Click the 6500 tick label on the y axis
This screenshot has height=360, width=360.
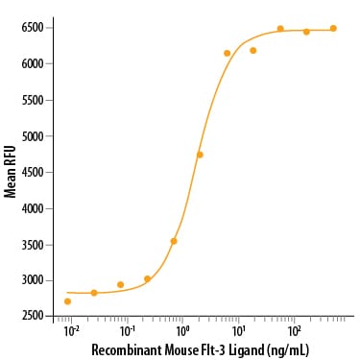32,28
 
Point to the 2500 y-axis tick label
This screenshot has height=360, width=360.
32,316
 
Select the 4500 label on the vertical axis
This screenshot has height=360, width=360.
32,172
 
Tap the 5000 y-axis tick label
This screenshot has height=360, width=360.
32,136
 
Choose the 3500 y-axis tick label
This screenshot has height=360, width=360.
32,245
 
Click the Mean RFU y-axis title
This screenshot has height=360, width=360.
11,172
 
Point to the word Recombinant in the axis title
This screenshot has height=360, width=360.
127,349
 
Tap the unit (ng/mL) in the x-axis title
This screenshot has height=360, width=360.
287,350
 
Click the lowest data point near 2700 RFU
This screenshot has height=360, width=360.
67,301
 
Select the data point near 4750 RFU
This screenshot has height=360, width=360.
200,155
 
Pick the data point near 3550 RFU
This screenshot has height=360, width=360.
174,241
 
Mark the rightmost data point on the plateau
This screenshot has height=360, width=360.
333,28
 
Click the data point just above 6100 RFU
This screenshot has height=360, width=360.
228,53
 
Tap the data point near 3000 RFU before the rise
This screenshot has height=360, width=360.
147,279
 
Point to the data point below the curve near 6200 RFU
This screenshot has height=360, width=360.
253,50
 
